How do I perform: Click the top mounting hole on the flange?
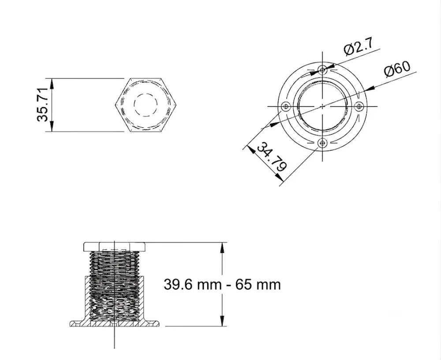(x=322, y=69)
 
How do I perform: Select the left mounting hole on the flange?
(x=286, y=107)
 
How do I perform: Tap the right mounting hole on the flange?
(x=359, y=106)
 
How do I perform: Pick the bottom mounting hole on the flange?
(x=322, y=143)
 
